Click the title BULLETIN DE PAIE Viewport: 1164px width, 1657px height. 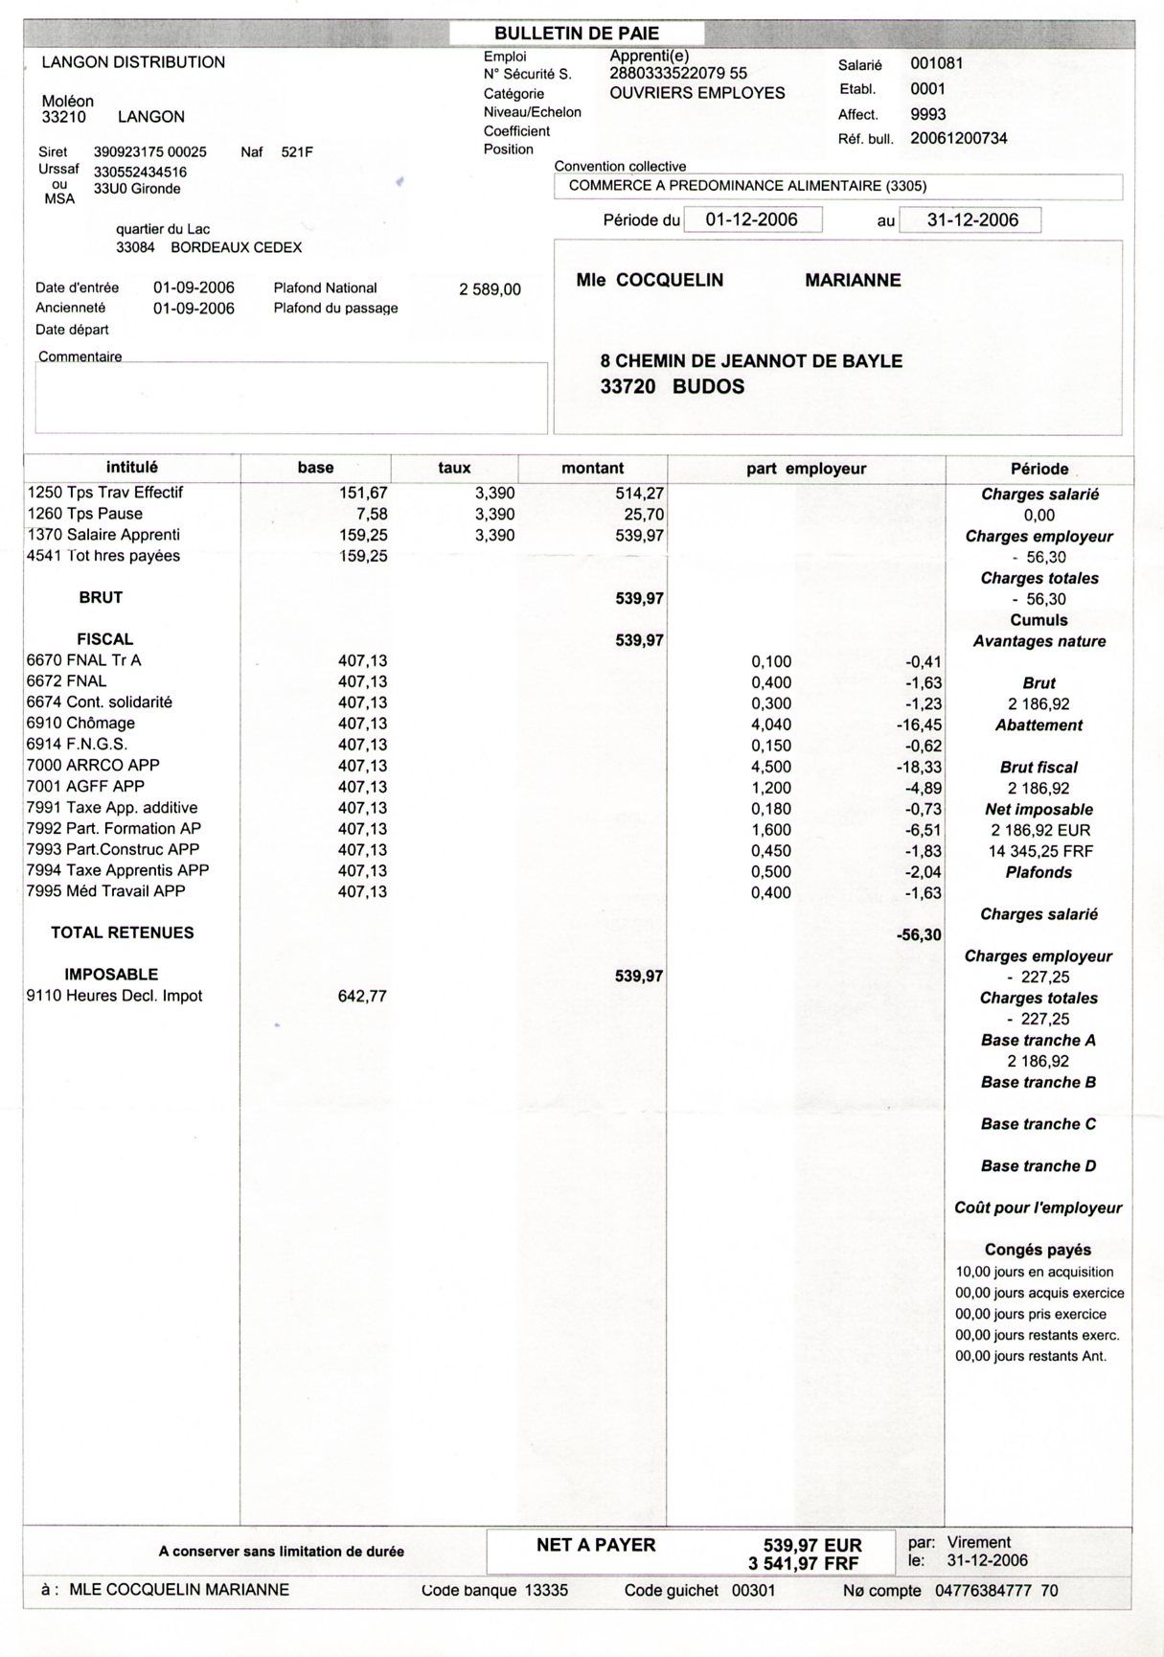tap(577, 34)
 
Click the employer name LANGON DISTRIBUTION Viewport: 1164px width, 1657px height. tap(133, 62)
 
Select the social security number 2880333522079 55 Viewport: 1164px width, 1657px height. tap(678, 74)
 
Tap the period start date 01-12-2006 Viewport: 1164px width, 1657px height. tap(751, 219)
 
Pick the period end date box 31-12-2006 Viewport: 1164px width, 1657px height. tap(971, 219)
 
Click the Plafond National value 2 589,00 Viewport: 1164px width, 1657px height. tap(490, 289)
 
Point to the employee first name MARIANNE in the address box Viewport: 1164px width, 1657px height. tap(853, 281)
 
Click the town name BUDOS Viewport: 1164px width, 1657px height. tap(708, 387)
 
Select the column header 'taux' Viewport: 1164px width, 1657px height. tap(454, 468)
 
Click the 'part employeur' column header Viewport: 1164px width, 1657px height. tap(806, 469)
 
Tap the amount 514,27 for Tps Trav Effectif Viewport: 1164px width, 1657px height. tap(639, 494)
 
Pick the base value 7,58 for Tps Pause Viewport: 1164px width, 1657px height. tap(371, 515)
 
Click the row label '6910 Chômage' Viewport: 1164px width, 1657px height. tap(80, 724)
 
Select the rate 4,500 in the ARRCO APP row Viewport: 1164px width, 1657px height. tap(771, 766)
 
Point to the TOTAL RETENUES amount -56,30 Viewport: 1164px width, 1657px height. tap(918, 934)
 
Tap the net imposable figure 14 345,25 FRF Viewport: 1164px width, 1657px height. tap(1038, 851)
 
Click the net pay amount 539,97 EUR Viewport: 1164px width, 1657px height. tap(812, 1546)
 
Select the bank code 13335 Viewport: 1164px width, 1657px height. tap(546, 1591)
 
